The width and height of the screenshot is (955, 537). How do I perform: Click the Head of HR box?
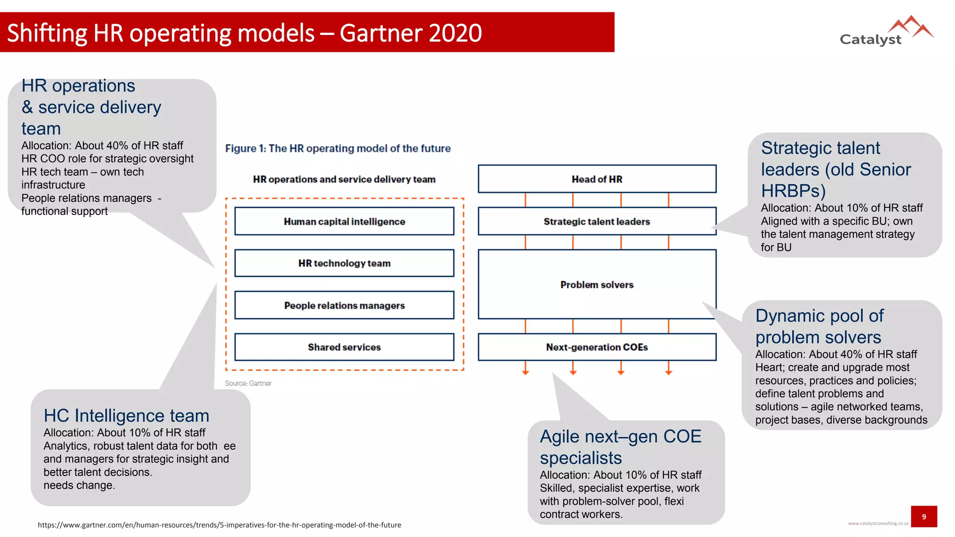point(597,179)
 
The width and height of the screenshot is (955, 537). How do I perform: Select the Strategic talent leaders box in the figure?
point(597,221)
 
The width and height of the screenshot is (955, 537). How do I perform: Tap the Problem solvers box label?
point(597,285)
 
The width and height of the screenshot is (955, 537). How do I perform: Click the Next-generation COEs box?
point(597,347)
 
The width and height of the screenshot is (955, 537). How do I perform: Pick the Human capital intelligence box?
point(344,221)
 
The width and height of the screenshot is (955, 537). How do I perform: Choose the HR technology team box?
point(344,263)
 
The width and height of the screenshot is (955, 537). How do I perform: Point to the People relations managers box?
point(344,305)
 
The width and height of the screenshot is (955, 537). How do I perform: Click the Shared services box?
point(344,347)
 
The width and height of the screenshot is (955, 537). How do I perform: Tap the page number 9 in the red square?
point(924,516)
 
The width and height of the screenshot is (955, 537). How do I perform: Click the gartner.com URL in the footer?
point(219,525)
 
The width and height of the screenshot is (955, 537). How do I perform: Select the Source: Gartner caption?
point(248,383)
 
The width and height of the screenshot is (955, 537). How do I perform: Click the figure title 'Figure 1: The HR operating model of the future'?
point(338,148)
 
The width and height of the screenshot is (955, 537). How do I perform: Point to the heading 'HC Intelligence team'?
point(126,415)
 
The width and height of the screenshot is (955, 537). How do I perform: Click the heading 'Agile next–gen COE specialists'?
point(620,447)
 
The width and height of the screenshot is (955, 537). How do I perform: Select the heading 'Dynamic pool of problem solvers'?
point(819,326)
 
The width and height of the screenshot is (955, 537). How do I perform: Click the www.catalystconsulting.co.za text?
point(878,523)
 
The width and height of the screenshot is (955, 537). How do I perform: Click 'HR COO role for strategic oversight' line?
point(107,158)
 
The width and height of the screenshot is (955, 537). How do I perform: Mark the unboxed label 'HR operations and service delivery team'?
point(344,179)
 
